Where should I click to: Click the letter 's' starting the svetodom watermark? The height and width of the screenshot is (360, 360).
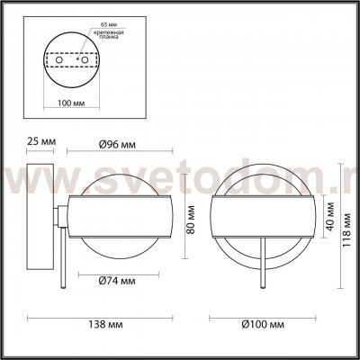click(x=19, y=192)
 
